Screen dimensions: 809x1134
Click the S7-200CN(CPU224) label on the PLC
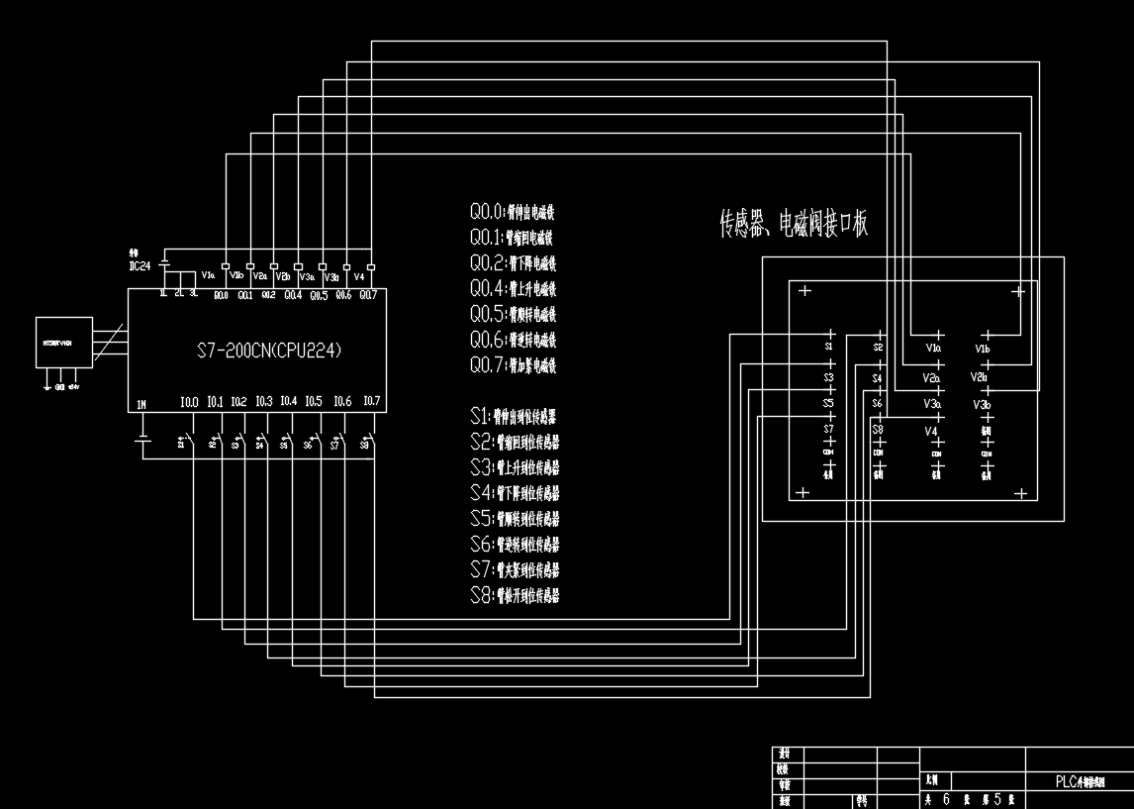pos(268,352)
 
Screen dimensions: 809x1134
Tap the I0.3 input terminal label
pos(263,402)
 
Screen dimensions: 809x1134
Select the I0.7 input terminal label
pos(371,402)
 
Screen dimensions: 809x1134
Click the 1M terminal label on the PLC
pos(142,404)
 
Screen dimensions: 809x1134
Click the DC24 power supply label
pos(140,265)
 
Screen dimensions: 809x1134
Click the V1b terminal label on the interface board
pos(983,350)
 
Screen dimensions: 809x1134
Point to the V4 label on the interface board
pos(930,432)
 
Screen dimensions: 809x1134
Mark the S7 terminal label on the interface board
pos(829,429)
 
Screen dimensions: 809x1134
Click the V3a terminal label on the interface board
pos(932,404)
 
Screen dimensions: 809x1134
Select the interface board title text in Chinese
pos(794,225)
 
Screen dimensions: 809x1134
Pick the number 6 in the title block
pos(946,799)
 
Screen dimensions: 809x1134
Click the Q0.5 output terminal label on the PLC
pos(319,295)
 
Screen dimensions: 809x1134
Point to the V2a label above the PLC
pos(259,276)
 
